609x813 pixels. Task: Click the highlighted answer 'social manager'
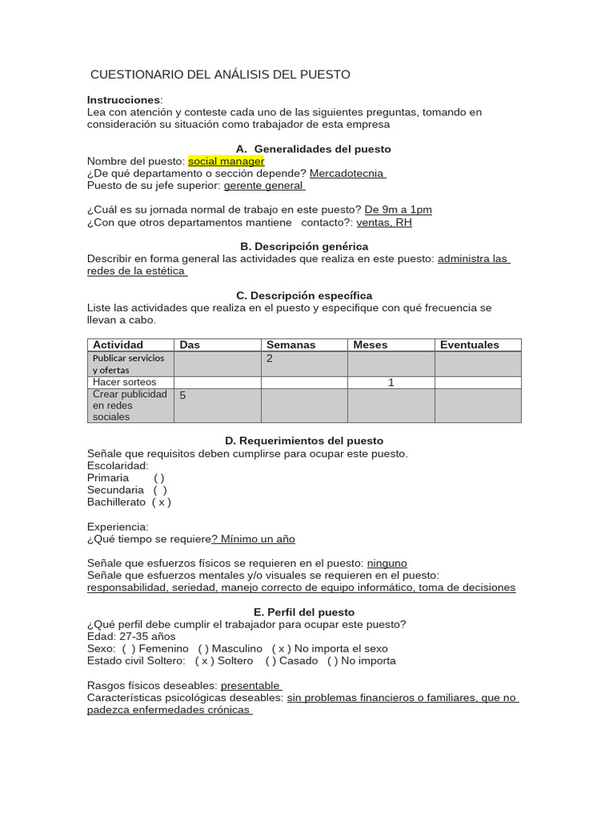click(226, 161)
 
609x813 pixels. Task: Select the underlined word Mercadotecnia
click(347, 173)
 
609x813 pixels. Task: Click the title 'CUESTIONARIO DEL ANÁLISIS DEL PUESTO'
click(220, 75)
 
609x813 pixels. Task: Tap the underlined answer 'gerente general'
click(263, 185)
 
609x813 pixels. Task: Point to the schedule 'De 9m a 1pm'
click(398, 210)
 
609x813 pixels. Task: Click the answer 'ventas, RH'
click(385, 222)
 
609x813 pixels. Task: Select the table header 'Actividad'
click(118, 345)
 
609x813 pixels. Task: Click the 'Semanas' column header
click(291, 345)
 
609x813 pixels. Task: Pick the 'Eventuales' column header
click(469, 345)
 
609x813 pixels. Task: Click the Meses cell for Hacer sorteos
click(391, 383)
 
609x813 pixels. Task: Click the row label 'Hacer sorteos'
click(124, 383)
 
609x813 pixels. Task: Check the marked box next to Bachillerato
click(162, 503)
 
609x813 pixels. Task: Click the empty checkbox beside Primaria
click(159, 478)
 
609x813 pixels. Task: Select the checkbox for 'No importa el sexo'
click(282, 649)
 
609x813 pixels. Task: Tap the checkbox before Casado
click(271, 661)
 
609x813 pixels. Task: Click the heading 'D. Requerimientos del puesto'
click(304, 441)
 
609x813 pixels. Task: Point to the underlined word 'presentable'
click(251, 685)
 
